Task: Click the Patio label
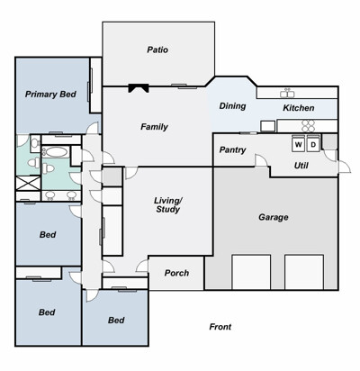pos(157,50)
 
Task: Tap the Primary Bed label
pos(50,95)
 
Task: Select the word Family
pos(154,127)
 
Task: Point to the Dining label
pos(232,106)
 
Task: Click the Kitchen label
pos(299,108)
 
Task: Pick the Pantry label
pos(232,149)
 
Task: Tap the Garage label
pos(274,217)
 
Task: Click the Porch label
pos(176,273)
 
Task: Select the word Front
pos(220,327)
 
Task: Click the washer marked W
pos(299,143)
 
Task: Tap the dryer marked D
pos(313,143)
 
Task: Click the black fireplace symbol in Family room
pos(139,87)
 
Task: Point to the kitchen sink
pos(287,94)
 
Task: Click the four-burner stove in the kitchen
pos(308,126)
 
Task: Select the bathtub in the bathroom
pos(55,151)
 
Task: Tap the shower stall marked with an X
pos(28,183)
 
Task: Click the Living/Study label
pos(168,205)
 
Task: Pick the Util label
pos(301,166)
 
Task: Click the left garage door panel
pos(251,272)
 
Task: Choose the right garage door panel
pos(304,272)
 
